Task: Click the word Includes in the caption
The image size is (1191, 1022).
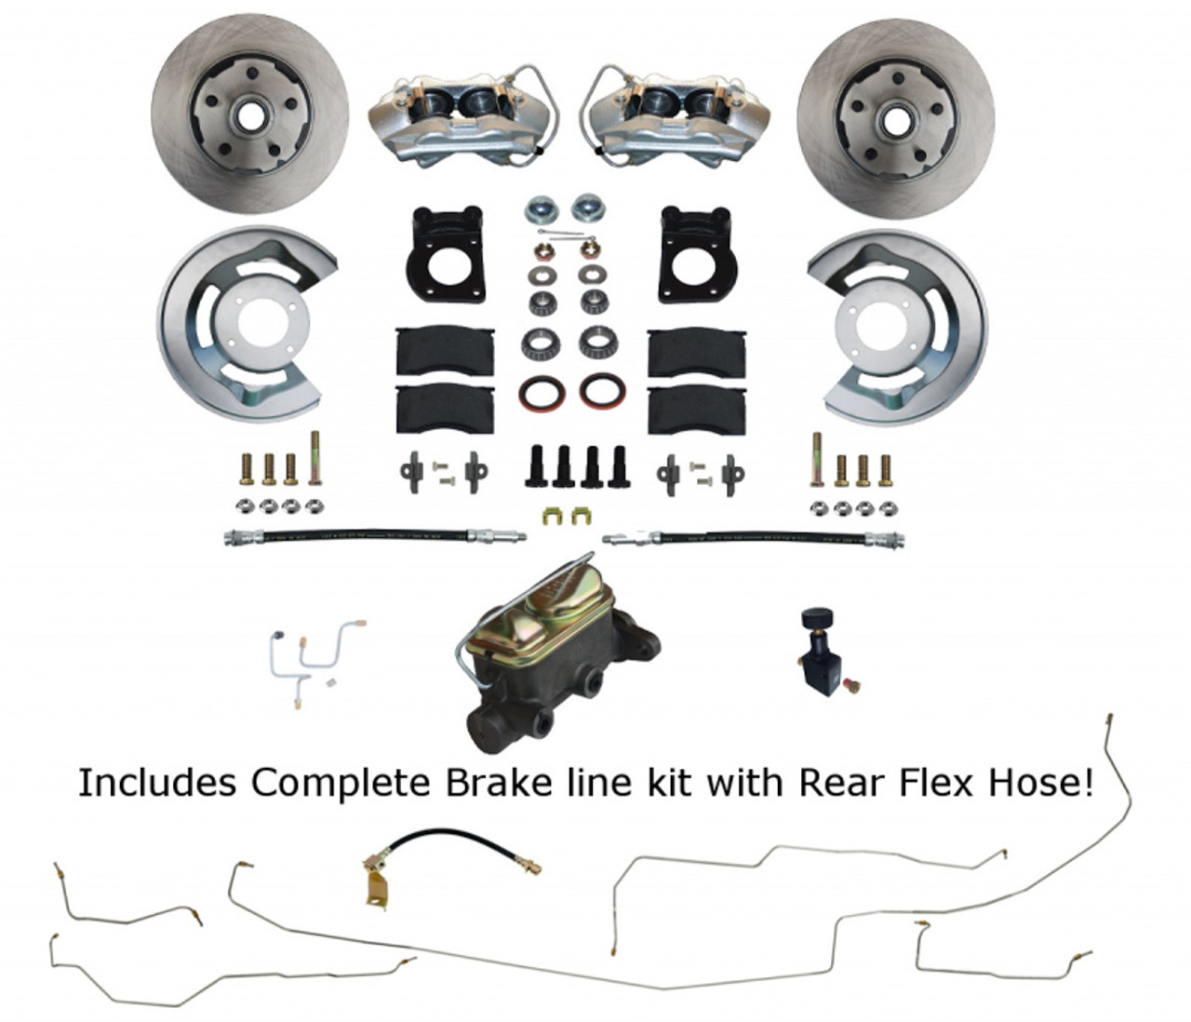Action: (155, 784)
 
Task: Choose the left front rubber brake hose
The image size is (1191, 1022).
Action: (372, 538)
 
